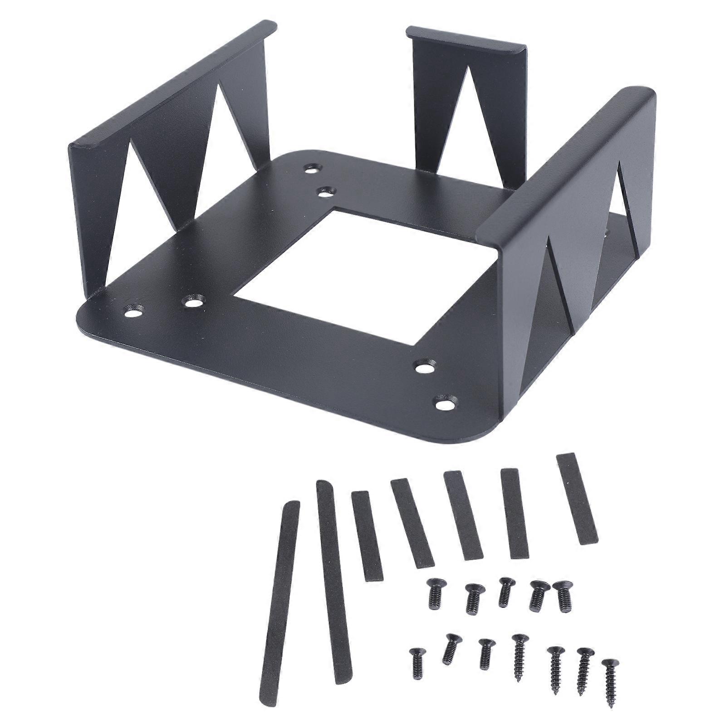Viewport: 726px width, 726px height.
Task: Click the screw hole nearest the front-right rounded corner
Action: (444, 401)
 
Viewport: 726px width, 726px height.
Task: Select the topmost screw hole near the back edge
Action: (311, 169)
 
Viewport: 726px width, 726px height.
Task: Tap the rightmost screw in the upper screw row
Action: (563, 590)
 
